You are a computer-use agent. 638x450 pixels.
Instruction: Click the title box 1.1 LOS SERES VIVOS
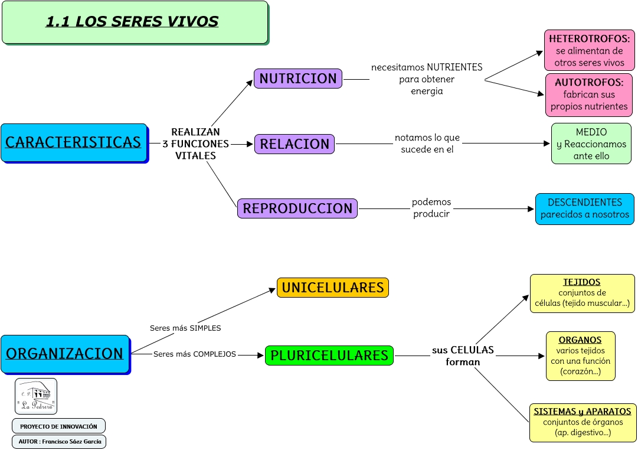[135, 22]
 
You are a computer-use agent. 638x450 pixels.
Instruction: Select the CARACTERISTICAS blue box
[74, 142]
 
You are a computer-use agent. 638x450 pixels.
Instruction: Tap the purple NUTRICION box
[298, 79]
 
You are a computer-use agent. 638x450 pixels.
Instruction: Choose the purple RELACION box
[295, 144]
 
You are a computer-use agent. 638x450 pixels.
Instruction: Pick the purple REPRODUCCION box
[297, 208]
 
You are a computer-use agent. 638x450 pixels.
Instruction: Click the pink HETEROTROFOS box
[589, 50]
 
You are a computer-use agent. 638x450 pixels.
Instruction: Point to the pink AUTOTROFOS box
[589, 94]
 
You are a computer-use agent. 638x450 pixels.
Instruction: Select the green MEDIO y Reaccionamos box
[591, 144]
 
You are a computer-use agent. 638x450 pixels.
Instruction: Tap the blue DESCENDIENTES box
[584, 208]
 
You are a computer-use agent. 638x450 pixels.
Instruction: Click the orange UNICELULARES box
[333, 288]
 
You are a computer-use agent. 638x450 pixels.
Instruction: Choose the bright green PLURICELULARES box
[329, 356]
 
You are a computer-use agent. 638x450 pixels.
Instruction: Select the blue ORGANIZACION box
[65, 354]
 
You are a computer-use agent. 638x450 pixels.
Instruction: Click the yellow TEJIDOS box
[581, 293]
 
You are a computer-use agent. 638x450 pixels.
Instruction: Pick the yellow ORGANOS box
[580, 356]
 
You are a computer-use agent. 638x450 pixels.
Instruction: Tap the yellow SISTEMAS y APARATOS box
[582, 422]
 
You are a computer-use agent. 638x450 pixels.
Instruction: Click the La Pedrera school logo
[36, 396]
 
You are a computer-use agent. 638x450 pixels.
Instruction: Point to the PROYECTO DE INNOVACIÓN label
[58, 426]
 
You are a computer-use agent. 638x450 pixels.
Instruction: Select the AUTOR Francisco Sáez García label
[59, 441]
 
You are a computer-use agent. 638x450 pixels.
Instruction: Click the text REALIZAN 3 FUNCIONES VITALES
[195, 144]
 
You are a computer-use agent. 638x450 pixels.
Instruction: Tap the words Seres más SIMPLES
[185, 328]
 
